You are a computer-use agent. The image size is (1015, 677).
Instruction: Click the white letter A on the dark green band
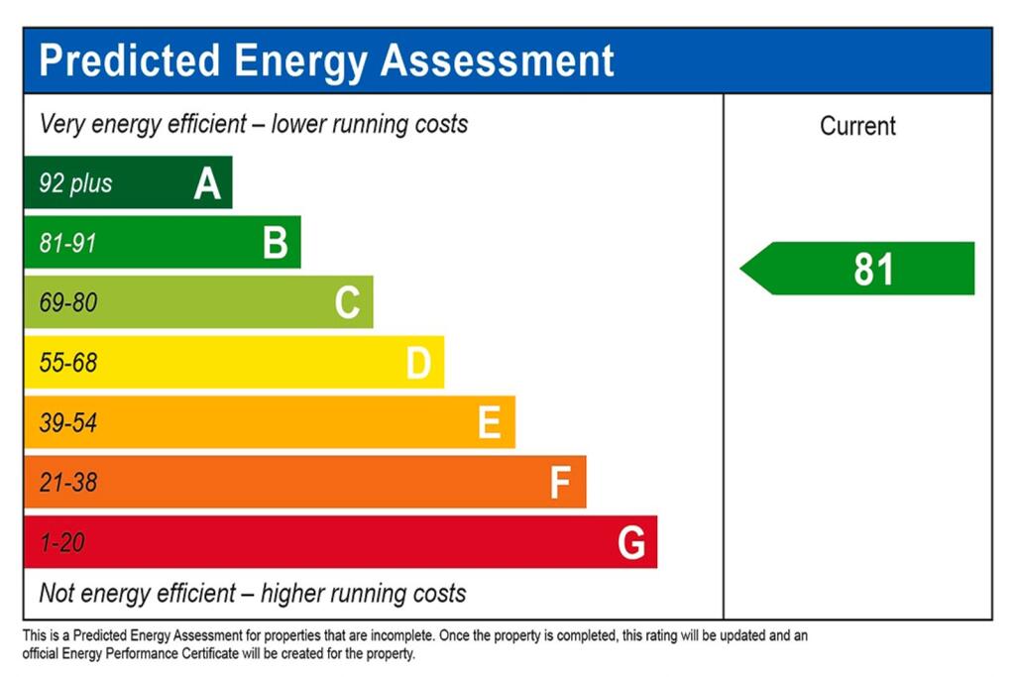click(207, 183)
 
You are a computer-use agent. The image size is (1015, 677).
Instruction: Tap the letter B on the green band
click(276, 243)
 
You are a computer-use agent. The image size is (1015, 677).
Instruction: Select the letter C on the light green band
click(347, 302)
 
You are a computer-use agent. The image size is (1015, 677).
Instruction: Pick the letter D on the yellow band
click(418, 364)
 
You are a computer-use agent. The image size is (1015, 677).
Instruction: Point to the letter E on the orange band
click(489, 423)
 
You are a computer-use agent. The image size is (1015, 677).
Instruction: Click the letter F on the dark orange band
click(560, 484)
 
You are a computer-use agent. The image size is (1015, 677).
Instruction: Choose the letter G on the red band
click(631, 543)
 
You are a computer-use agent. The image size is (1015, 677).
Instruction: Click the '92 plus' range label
click(75, 183)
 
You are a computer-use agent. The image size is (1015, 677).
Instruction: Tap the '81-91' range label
click(68, 243)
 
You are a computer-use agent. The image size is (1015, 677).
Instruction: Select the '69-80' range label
click(68, 302)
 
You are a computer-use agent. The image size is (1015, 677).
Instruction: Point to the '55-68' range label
click(68, 363)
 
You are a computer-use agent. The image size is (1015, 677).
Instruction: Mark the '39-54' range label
click(68, 423)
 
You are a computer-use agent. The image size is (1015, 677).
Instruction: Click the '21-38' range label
click(68, 484)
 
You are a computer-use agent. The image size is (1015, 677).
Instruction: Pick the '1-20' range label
click(61, 543)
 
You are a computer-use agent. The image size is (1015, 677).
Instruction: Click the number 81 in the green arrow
click(873, 270)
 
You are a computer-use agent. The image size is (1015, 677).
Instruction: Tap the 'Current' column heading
click(857, 126)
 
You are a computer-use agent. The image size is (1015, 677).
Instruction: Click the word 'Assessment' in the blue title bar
click(498, 60)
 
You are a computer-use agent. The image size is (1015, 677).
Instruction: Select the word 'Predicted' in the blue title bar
click(129, 60)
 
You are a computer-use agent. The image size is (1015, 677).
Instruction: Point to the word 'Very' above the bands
click(62, 125)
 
